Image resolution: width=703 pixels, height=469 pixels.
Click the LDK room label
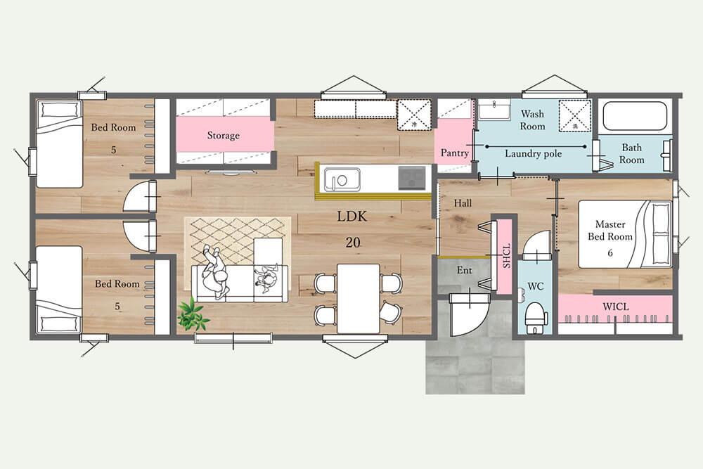pyautogui.click(x=352, y=217)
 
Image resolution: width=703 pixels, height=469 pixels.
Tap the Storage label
pyautogui.click(x=224, y=136)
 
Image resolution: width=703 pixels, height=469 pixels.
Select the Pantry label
pyautogui.click(x=454, y=153)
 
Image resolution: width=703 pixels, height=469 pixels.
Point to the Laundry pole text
pyautogui.click(x=533, y=154)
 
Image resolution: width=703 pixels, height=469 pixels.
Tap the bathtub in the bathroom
pyautogui.click(x=636, y=116)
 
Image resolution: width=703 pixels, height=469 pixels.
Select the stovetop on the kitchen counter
pyautogui.click(x=412, y=178)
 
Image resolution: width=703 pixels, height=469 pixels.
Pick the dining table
pyautogui.click(x=359, y=298)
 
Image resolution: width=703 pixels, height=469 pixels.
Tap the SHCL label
pyautogui.click(x=507, y=256)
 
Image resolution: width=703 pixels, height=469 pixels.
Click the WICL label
pyautogui.click(x=615, y=307)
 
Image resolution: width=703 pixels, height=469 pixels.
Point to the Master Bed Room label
pyautogui.click(x=610, y=231)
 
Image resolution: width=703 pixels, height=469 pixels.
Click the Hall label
pyautogui.click(x=463, y=203)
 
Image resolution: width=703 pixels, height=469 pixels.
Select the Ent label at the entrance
pyautogui.click(x=465, y=271)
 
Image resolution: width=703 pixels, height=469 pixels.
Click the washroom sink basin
pyautogui.click(x=494, y=110)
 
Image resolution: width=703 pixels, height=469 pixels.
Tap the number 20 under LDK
pyautogui.click(x=353, y=243)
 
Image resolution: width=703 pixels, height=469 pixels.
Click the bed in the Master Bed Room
pyautogui.click(x=625, y=234)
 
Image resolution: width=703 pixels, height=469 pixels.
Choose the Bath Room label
pyautogui.click(x=632, y=154)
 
